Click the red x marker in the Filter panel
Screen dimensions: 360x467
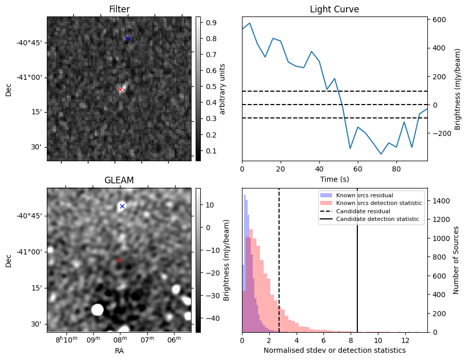click(120, 90)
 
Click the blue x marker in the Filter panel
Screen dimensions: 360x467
click(127, 39)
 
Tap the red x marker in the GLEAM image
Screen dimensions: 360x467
click(119, 260)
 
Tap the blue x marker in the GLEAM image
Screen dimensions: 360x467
click(122, 206)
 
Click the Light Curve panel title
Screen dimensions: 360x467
click(334, 9)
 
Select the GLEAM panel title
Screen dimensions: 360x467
click(119, 180)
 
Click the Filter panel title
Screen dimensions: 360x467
click(119, 9)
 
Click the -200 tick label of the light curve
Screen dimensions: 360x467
click(441, 133)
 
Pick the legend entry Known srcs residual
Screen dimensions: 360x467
click(364, 195)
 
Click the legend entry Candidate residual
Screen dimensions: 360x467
click(363, 211)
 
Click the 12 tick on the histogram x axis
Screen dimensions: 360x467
click(405, 340)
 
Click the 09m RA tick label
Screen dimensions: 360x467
click(93, 340)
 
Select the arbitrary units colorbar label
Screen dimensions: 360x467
click(222, 89)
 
